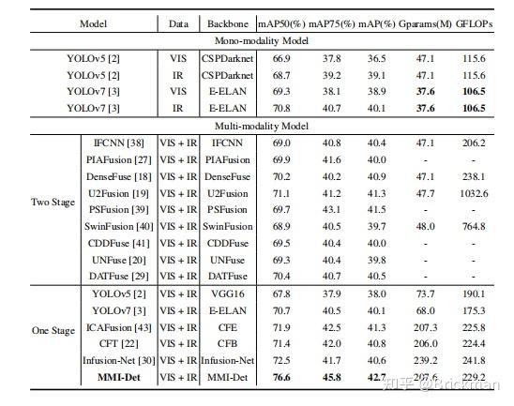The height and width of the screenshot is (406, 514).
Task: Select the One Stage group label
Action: [x=53, y=331]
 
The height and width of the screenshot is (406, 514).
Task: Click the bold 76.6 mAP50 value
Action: [x=282, y=377]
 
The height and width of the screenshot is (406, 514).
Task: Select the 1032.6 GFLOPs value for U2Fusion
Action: [x=474, y=192]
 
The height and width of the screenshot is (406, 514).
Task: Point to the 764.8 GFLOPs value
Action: [x=474, y=226]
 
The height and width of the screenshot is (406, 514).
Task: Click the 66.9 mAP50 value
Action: [x=282, y=57]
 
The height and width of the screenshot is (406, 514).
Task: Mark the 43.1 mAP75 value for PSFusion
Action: [x=329, y=209]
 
